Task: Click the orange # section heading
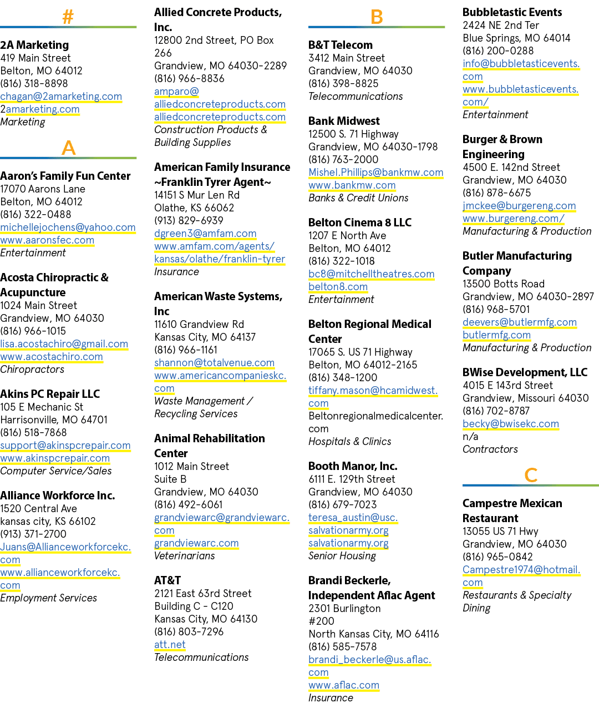point(68,16)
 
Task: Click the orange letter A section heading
point(68,148)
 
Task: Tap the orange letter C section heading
point(531,475)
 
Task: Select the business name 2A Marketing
point(34,45)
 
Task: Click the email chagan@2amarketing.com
point(61,97)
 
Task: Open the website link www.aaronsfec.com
point(47,240)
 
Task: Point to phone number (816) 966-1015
point(33,331)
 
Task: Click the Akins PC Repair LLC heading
point(50,394)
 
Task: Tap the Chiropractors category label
point(32,370)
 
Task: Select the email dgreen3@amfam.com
point(205,234)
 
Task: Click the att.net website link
point(170,644)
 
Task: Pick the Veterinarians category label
point(184,556)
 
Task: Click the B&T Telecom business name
point(341,45)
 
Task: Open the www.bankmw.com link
point(352,185)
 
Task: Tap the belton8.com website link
point(338,286)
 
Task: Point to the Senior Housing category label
point(342,556)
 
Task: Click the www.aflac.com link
point(344,685)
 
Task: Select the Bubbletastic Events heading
point(512,12)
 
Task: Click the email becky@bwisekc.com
point(511,423)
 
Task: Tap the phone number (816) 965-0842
point(498,557)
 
